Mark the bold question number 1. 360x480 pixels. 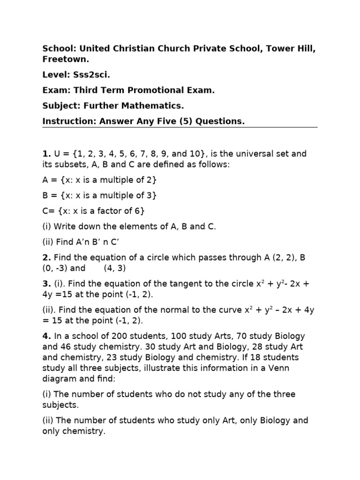coord(45,154)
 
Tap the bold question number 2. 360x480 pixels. coord(45,257)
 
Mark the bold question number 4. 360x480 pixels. coord(45,336)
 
